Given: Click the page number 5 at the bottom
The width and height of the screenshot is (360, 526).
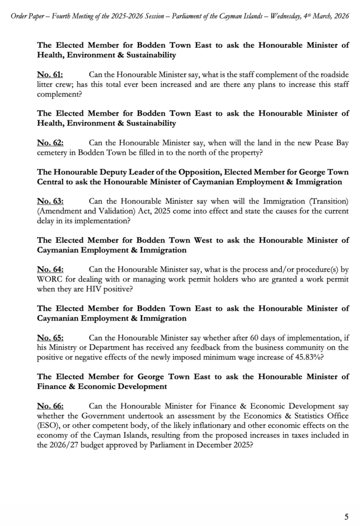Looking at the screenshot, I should [x=346, y=516].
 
